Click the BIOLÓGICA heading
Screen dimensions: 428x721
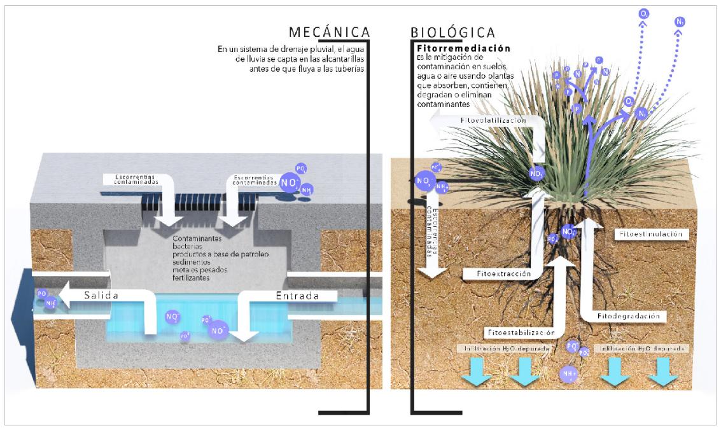click(x=453, y=32)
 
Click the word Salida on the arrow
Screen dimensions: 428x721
click(x=100, y=295)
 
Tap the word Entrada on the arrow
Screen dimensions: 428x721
click(x=297, y=296)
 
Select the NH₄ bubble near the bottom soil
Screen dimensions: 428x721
click(x=568, y=374)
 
